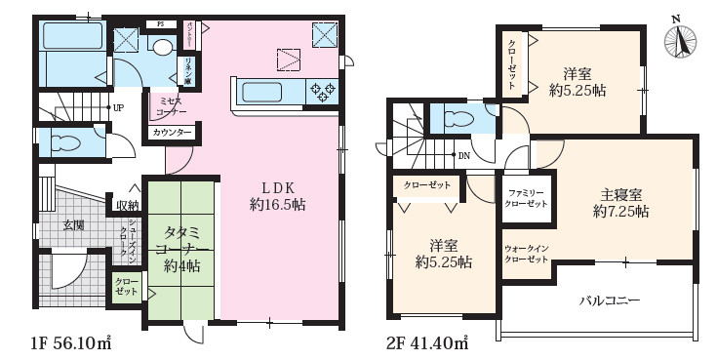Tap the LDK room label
[x=271, y=187]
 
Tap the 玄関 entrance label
[x=74, y=225]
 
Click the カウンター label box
[x=172, y=133]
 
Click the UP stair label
[x=117, y=107]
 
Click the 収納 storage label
[x=127, y=205]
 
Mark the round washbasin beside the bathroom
[x=162, y=47]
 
